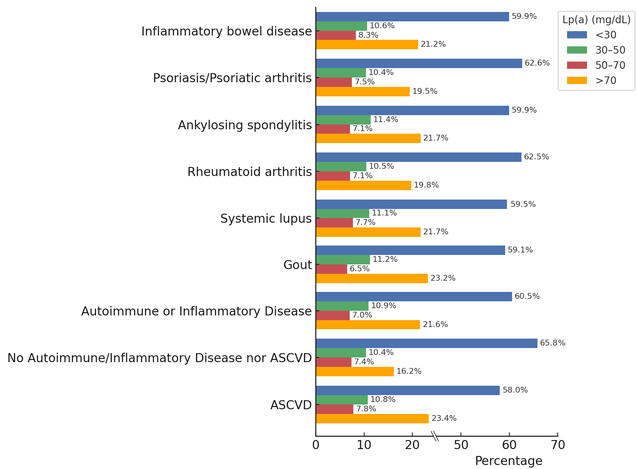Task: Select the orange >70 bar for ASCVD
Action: pyautogui.click(x=372, y=419)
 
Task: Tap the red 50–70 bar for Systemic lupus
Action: pyautogui.click(x=334, y=223)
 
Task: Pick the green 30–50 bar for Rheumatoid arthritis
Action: pyautogui.click(x=341, y=167)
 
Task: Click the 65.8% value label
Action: pyautogui.click(x=553, y=343)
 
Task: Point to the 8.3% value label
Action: pyautogui.click(x=368, y=35)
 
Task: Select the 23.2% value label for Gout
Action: pyautogui.click(x=443, y=278)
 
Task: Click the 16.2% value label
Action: pyautogui.click(x=409, y=371)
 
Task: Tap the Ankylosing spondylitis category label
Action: pyautogui.click(x=245, y=125)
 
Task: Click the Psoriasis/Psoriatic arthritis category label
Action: pyautogui.click(x=232, y=78)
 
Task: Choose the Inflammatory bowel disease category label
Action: pyautogui.click(x=226, y=31)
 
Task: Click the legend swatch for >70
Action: pyautogui.click(x=577, y=80)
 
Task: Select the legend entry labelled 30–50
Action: pyautogui.click(x=610, y=50)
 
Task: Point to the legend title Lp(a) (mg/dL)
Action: pyautogui.click(x=596, y=20)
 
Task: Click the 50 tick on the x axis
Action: pyautogui.click(x=461, y=445)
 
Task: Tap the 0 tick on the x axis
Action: pyautogui.click(x=316, y=445)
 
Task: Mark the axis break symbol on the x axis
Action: pyautogui.click(x=435, y=436)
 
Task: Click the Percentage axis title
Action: pyautogui.click(x=508, y=461)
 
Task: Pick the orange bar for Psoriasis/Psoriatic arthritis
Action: pyautogui.click(x=363, y=92)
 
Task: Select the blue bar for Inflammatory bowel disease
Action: pyautogui.click(x=412, y=17)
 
